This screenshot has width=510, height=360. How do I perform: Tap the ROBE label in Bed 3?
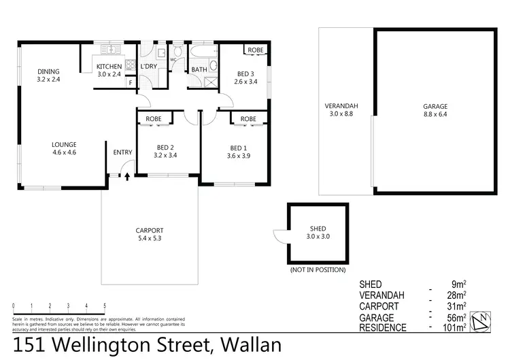[255, 50]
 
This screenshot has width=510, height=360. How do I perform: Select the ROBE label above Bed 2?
[154, 119]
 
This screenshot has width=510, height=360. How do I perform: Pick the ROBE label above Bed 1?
[248, 119]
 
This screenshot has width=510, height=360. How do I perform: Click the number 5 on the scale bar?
[105, 306]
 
